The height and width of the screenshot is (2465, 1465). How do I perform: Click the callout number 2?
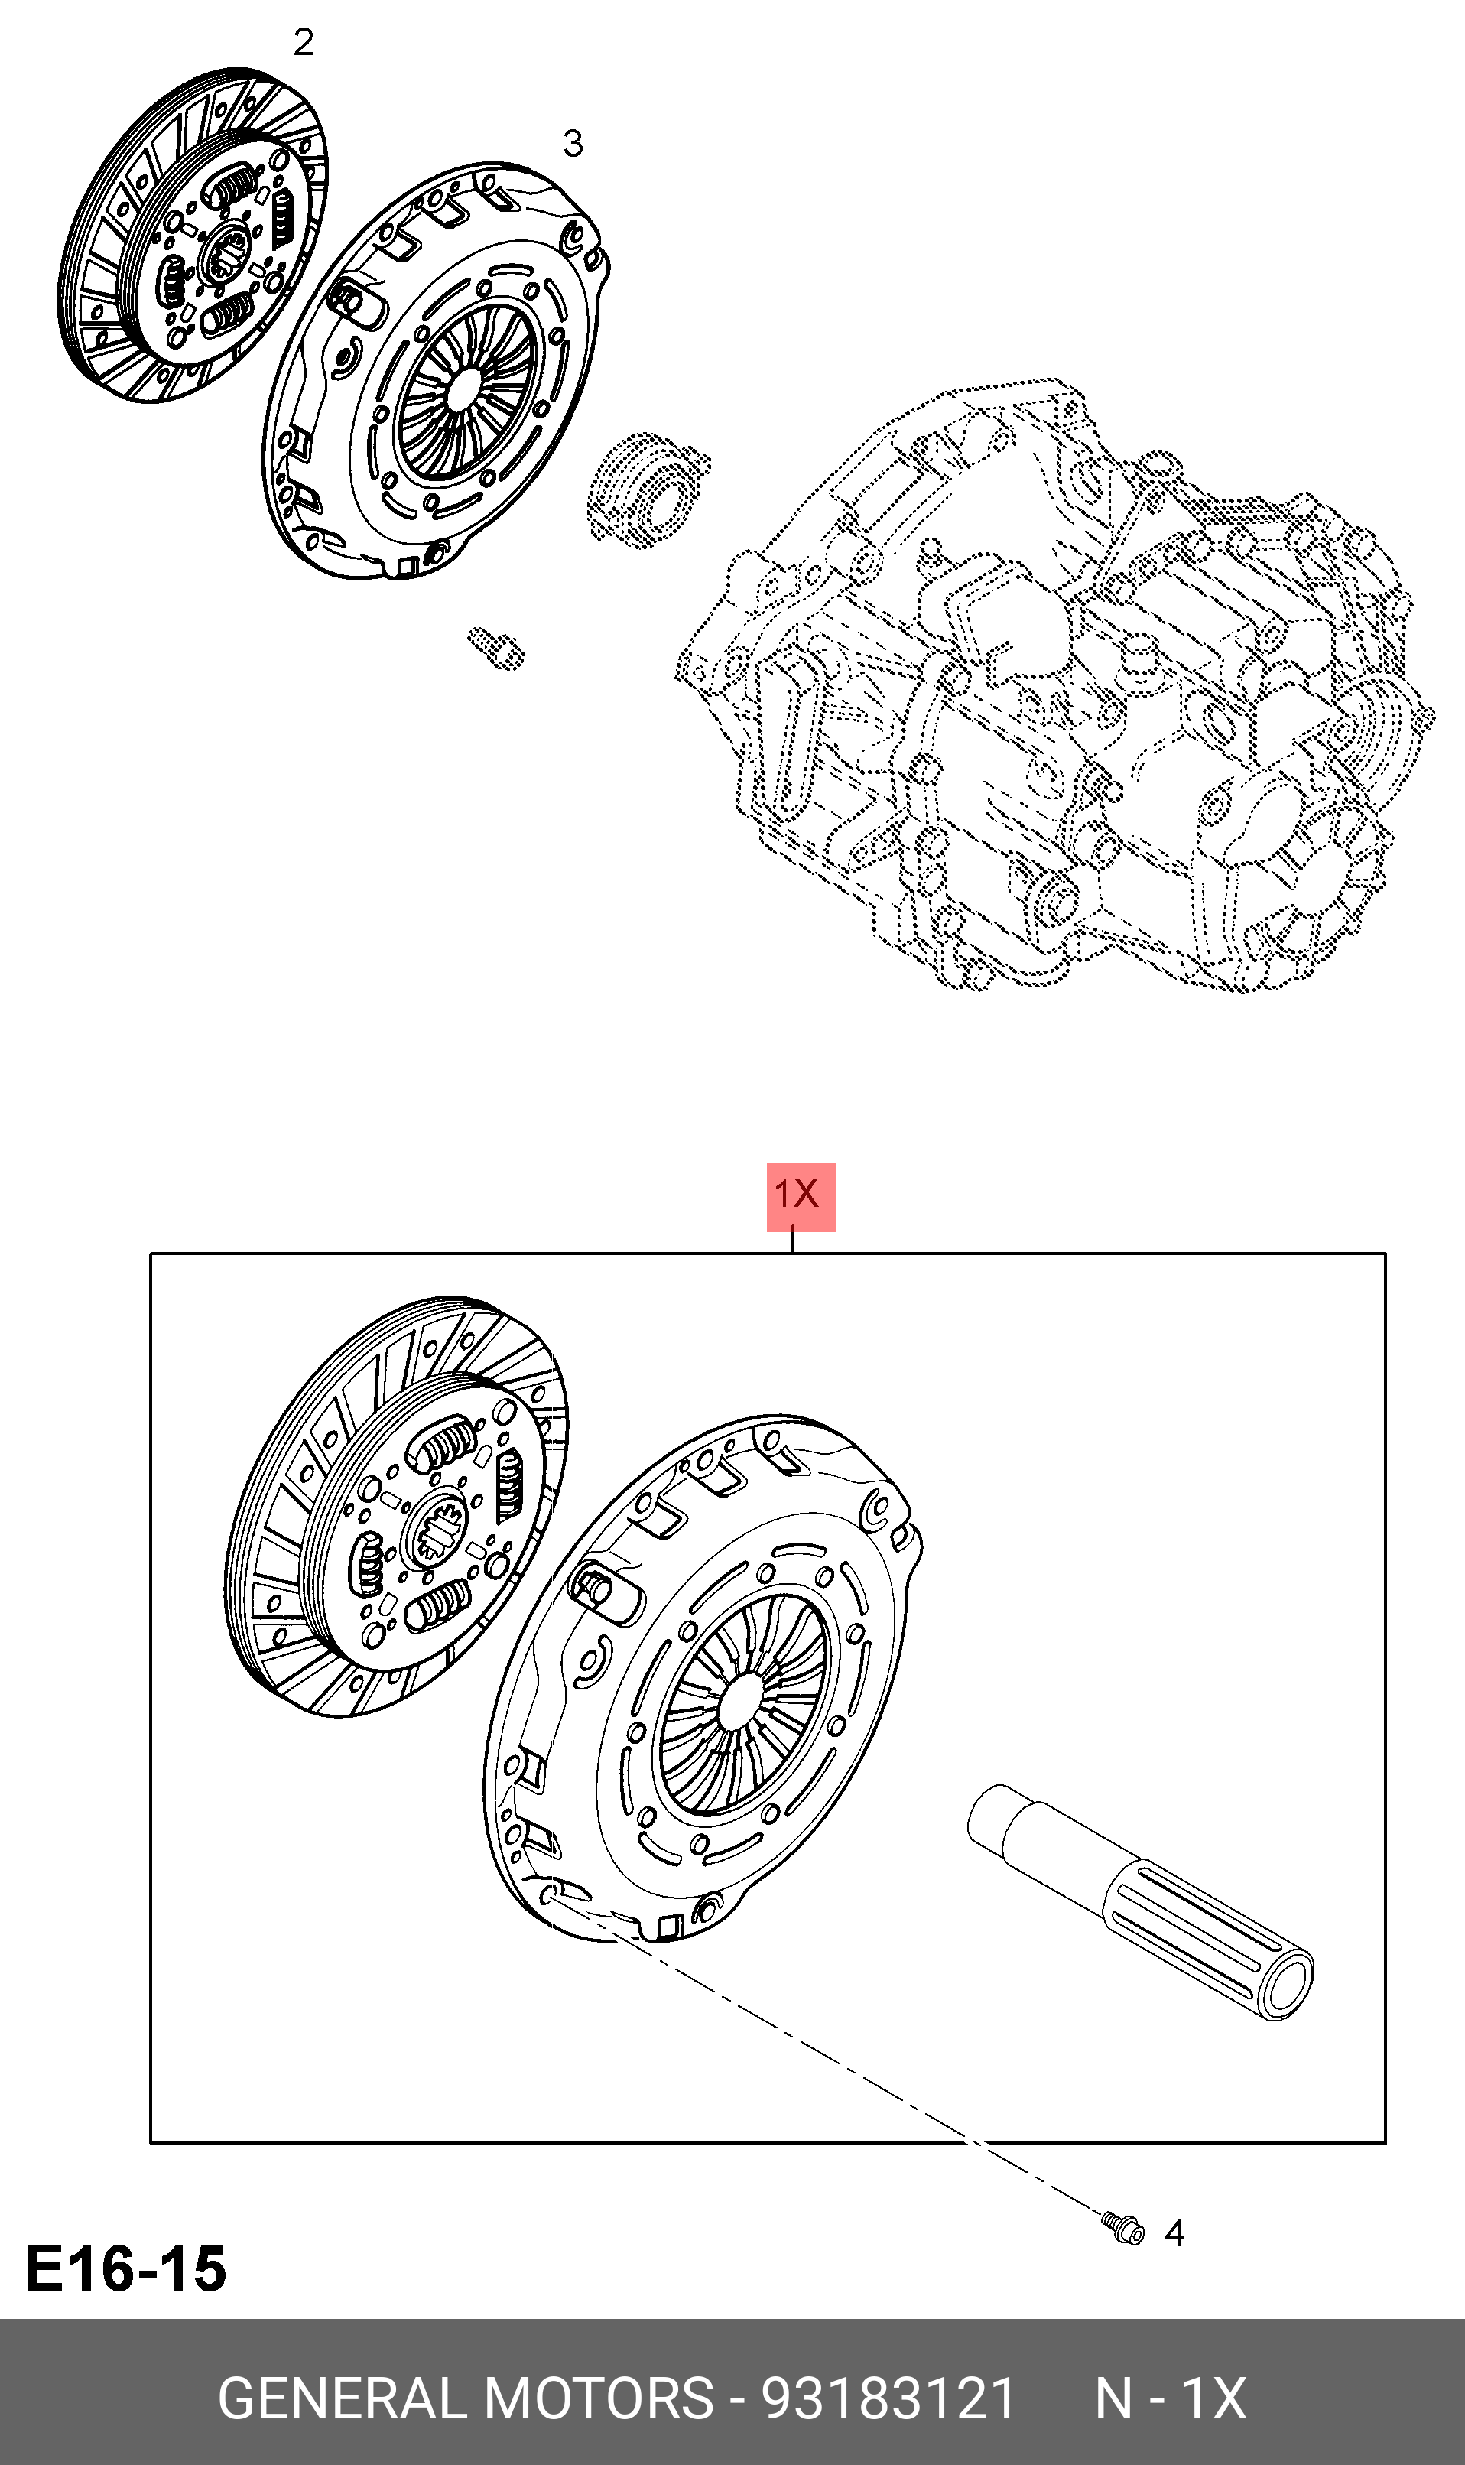[x=303, y=43]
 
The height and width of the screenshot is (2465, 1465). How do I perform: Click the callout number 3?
[x=573, y=144]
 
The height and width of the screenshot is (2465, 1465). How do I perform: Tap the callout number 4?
[x=1174, y=2233]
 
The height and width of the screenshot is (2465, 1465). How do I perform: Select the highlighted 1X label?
[x=801, y=1195]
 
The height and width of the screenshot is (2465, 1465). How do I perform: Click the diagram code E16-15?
[x=126, y=2268]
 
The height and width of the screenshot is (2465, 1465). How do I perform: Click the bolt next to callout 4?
[x=1123, y=2228]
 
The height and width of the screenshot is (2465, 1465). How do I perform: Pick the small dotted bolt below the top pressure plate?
[x=495, y=648]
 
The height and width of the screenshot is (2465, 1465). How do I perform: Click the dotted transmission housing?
[x=1056, y=691]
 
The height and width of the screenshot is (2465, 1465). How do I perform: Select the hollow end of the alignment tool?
[x=1288, y=1987]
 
